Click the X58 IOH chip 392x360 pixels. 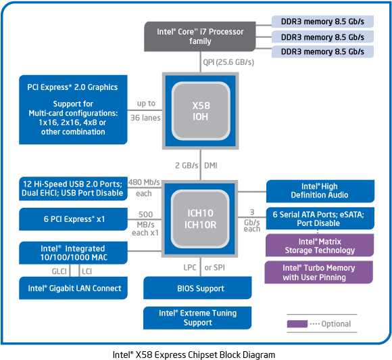[201, 111]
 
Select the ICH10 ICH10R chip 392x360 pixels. [200, 219]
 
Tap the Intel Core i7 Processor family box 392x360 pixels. [200, 37]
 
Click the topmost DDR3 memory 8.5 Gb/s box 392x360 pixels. [322, 22]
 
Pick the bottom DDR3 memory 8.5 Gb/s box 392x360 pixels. [322, 51]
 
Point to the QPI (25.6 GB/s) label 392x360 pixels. [228, 62]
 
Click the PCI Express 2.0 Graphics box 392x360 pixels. [73, 110]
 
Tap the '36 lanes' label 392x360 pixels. [145, 118]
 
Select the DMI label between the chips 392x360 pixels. [211, 166]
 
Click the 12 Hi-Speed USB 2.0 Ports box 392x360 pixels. [73, 189]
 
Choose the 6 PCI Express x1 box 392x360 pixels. [73, 219]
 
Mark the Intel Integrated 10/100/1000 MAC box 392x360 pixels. [73, 253]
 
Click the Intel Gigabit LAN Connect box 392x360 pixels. [73, 288]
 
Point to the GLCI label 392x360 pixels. [59, 271]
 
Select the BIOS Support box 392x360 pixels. [197, 288]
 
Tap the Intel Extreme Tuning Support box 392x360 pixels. [197, 318]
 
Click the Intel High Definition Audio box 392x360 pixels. [320, 191]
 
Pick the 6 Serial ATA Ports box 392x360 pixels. [320, 219]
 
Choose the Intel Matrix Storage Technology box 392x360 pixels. [320, 246]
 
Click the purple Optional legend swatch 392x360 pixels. [297, 323]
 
